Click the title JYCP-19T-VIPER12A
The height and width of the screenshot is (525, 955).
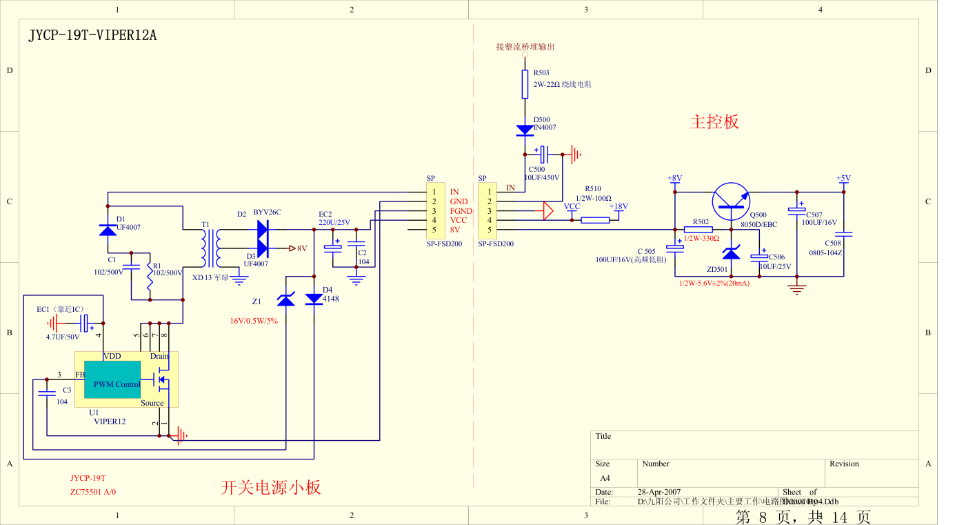[x=92, y=36]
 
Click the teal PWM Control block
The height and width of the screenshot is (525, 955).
[x=117, y=384]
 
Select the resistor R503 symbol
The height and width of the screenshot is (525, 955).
[x=525, y=84]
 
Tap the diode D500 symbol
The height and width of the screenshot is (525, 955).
[x=525, y=129]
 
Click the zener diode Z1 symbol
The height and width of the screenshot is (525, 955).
[x=285, y=299]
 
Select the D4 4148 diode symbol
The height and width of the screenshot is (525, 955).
[x=314, y=299]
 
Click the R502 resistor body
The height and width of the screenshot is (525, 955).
[x=698, y=230]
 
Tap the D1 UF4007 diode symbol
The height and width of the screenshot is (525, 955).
[x=108, y=230]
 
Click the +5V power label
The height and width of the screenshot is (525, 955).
[x=843, y=178]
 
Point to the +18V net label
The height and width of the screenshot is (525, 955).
[x=618, y=206]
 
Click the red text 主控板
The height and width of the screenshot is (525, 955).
[x=714, y=122]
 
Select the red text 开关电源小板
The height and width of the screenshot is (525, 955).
[x=271, y=487]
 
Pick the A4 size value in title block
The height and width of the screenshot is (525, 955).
[x=605, y=477]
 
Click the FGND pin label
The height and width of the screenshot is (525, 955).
[x=461, y=211]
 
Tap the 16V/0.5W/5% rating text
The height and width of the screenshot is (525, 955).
[x=254, y=321]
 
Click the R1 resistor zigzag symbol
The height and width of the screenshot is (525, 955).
[x=150, y=278]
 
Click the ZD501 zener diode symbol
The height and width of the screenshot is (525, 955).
[x=731, y=253]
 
